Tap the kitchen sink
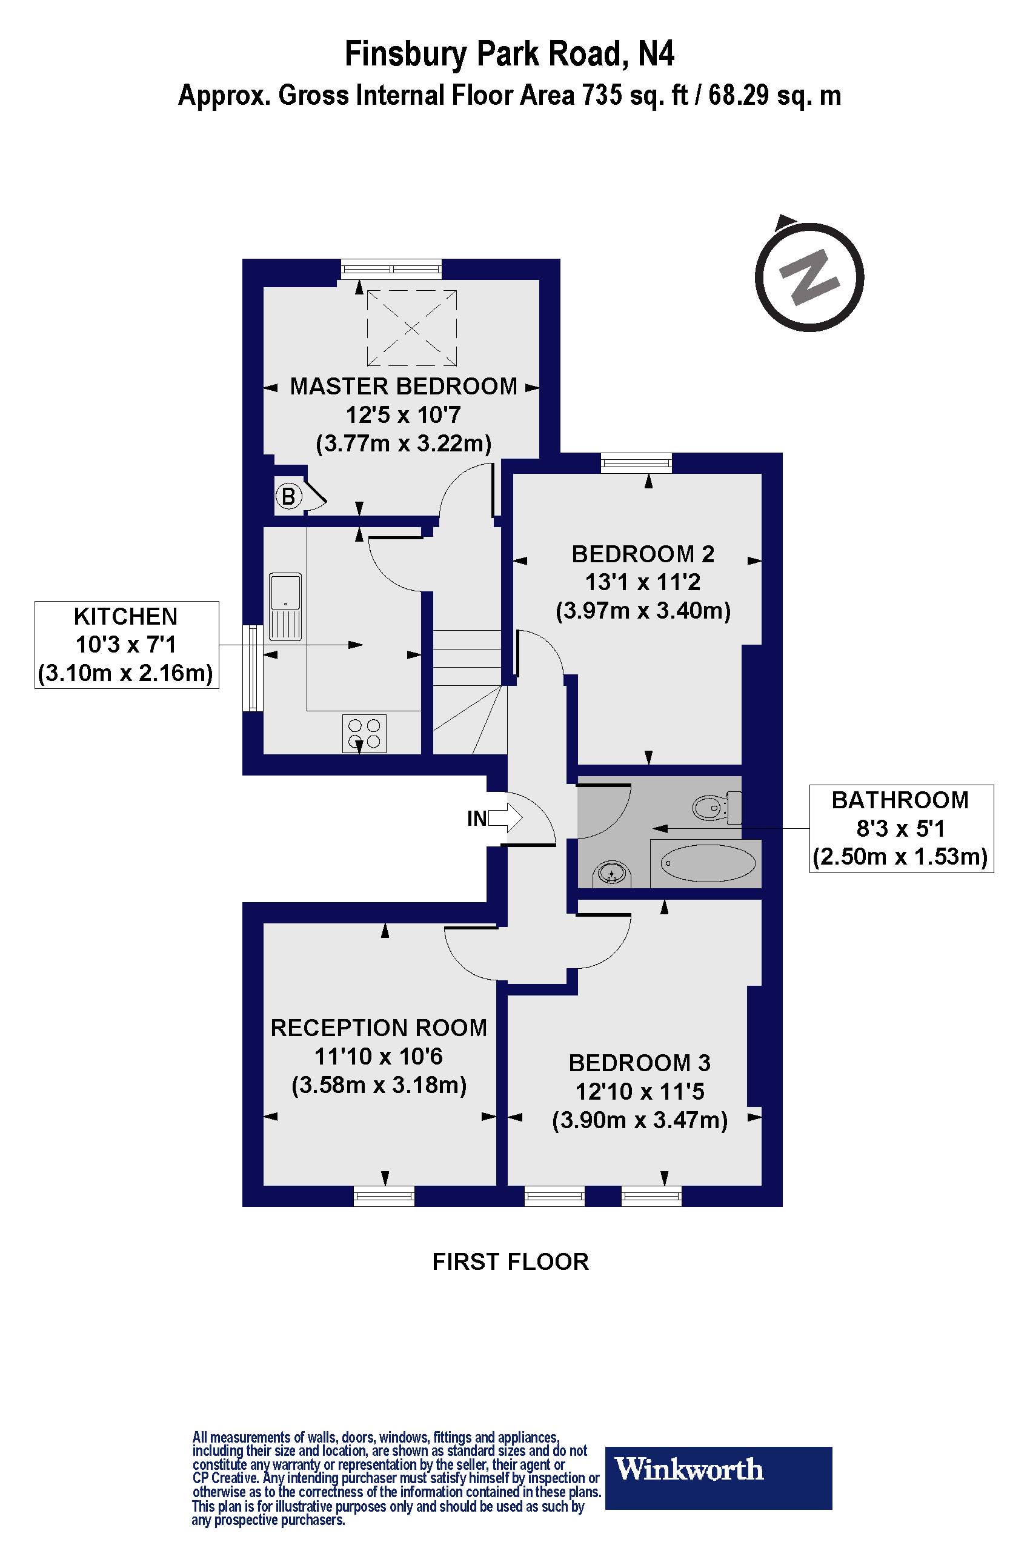(286, 606)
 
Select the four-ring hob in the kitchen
(364, 734)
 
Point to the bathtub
(707, 863)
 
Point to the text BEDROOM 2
(642, 554)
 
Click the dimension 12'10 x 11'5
(639, 1091)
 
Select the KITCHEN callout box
(126, 645)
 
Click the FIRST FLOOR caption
(510, 1262)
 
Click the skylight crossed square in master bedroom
(411, 327)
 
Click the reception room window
(384, 1196)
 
